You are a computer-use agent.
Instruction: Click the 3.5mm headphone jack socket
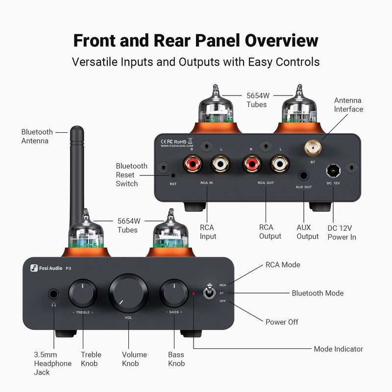53,294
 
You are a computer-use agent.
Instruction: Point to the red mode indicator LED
194,294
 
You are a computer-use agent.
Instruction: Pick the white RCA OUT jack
280,164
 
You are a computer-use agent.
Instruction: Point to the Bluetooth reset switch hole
173,175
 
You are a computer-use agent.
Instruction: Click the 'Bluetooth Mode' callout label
318,293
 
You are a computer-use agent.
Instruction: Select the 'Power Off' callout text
282,322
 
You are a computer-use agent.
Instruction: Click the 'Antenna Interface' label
348,105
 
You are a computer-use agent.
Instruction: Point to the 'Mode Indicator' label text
338,349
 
